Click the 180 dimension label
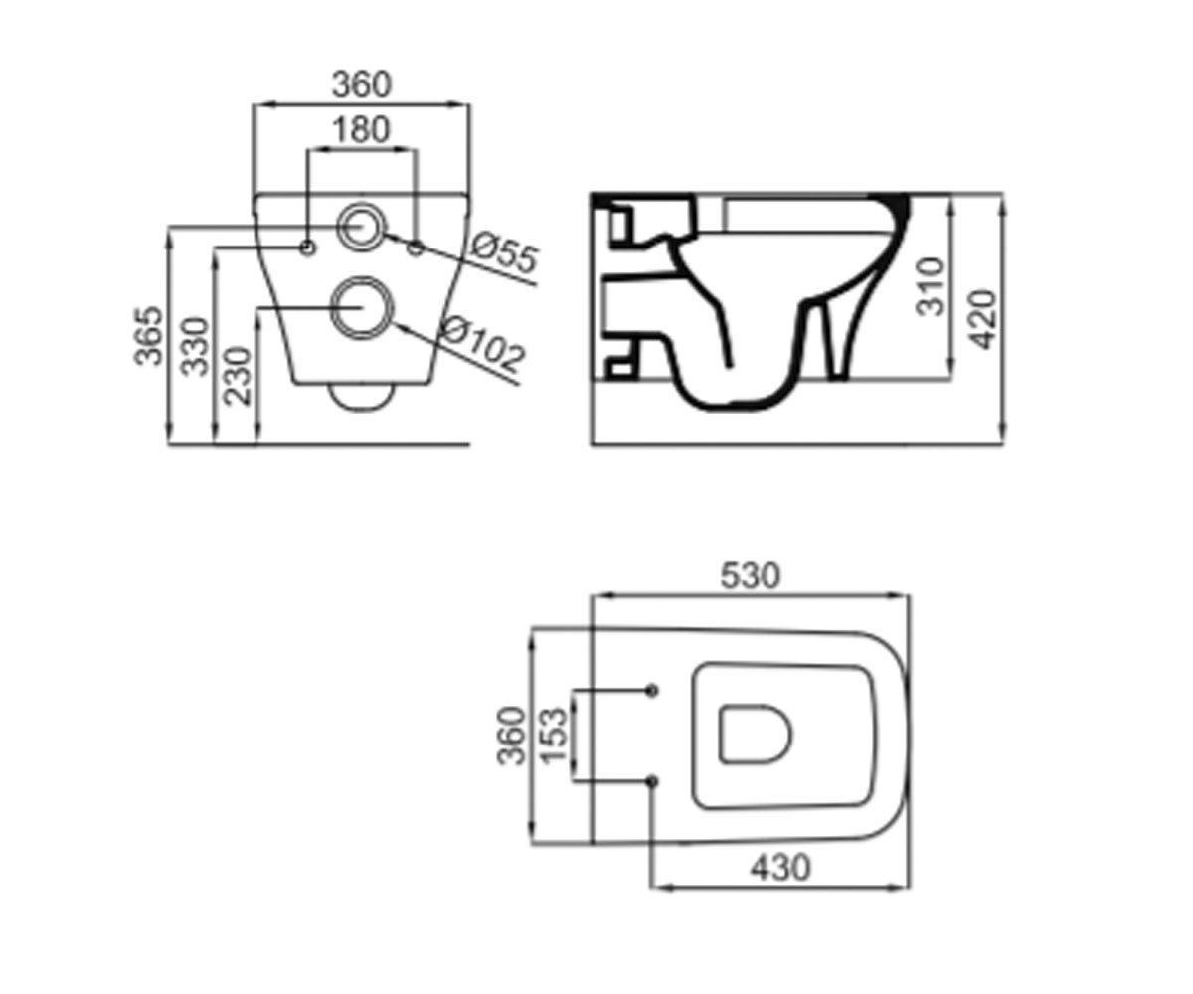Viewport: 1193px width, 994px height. (x=361, y=130)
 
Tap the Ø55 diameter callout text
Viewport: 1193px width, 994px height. (x=505, y=251)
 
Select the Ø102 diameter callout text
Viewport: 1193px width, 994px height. (x=483, y=343)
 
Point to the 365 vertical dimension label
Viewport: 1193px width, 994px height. (x=148, y=335)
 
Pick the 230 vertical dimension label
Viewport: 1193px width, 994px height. (x=238, y=376)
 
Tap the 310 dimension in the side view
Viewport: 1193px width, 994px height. (x=931, y=287)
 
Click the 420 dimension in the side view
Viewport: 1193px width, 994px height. (x=984, y=319)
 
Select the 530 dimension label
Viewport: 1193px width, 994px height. (x=751, y=576)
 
